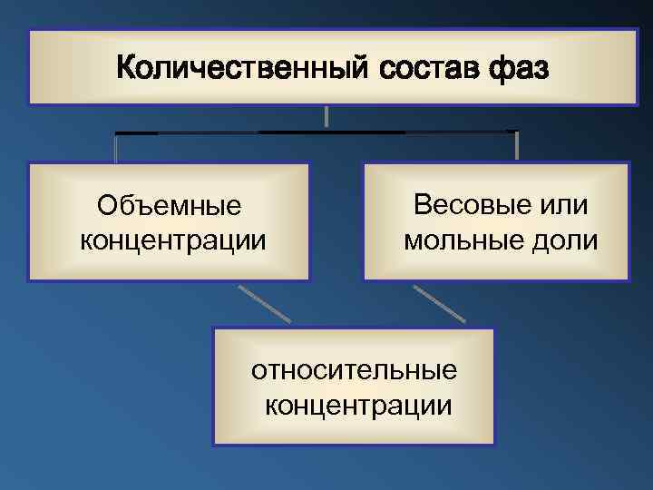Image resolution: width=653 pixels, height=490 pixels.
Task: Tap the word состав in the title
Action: pyautogui.click(x=409, y=67)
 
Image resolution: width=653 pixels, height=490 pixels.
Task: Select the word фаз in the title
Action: pyautogui.click(x=516, y=67)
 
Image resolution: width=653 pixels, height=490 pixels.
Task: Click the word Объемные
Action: pyautogui.click(x=169, y=207)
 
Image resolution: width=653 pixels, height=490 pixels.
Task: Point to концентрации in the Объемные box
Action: pyautogui.click(x=169, y=241)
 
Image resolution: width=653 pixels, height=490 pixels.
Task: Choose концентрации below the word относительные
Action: pyautogui.click(x=355, y=404)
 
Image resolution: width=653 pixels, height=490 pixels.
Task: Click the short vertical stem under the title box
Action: pyautogui.click(x=326, y=116)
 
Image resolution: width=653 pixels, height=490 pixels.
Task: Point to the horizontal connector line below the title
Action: pyautogui.click(x=317, y=132)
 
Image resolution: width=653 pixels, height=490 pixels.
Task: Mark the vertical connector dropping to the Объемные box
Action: pyautogui.click(x=116, y=148)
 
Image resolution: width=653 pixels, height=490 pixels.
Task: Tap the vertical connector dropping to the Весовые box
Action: pyautogui.click(x=516, y=146)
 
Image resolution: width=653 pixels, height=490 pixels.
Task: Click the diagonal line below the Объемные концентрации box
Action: pyautogui.click(x=265, y=304)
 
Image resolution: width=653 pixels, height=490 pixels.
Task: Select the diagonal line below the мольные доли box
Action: pyautogui.click(x=440, y=304)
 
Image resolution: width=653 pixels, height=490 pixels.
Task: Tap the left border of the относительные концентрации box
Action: pyautogui.click(x=214, y=387)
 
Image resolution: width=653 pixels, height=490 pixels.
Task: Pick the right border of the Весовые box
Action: pyautogui.click(x=628, y=222)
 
